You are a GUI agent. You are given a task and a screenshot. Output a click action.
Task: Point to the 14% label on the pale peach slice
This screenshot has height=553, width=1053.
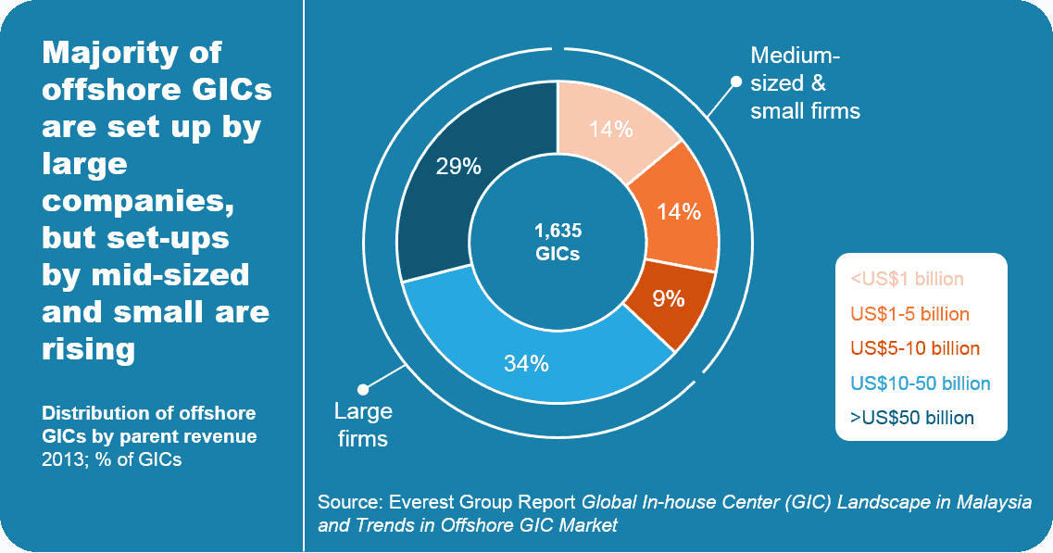(611, 130)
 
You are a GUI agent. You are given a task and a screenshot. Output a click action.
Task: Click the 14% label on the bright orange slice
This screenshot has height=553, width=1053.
(679, 212)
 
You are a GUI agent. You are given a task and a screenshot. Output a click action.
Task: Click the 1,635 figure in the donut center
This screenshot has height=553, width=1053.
(558, 231)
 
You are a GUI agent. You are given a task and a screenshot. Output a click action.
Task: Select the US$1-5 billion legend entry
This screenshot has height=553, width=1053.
(909, 314)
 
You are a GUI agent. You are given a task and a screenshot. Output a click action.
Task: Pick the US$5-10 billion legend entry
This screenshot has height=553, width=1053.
(914, 348)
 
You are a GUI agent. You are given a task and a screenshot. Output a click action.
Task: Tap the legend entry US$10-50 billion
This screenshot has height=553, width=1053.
(920, 383)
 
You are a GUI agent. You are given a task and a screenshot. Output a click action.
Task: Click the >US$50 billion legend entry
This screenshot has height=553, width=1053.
(911, 418)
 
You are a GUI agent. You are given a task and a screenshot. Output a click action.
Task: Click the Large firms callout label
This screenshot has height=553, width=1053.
(363, 424)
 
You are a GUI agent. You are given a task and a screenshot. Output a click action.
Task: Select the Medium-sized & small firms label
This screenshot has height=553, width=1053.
(804, 83)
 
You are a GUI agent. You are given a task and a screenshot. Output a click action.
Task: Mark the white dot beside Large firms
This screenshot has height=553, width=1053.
(363, 389)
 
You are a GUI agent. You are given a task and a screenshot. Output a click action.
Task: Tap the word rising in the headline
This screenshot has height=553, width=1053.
(89, 349)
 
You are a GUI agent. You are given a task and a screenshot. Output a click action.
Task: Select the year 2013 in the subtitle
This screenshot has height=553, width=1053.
(62, 459)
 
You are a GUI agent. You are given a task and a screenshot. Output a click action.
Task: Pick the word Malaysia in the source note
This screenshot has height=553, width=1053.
(998, 503)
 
